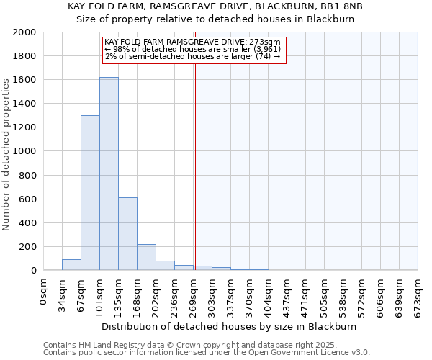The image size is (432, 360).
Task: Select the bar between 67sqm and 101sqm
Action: (x=90, y=193)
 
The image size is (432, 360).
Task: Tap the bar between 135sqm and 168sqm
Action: (x=127, y=234)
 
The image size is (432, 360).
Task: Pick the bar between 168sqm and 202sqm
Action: (x=146, y=257)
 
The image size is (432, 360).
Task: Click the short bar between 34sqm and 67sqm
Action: (x=71, y=265)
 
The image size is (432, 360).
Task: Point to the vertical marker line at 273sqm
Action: (x=195, y=166)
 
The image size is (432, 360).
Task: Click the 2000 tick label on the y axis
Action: (x=24, y=32)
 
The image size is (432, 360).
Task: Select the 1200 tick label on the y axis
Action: (x=24, y=127)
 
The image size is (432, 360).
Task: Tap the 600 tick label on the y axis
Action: (x=27, y=199)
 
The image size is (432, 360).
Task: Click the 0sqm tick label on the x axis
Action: (x=44, y=291)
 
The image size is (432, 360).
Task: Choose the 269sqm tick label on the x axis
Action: (x=194, y=294)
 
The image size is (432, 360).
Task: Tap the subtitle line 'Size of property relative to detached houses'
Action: (x=215, y=19)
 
